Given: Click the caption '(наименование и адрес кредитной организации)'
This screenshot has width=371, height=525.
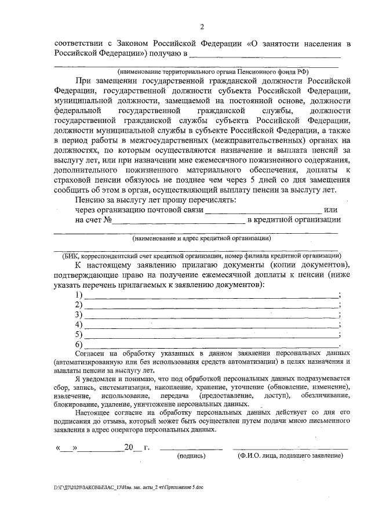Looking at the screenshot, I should [x=201, y=238].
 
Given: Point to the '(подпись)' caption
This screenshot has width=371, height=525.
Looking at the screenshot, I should [x=191, y=456].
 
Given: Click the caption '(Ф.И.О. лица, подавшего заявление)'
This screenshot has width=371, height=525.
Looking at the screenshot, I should [x=290, y=456].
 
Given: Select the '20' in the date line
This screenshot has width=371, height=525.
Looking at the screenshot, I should [x=129, y=447].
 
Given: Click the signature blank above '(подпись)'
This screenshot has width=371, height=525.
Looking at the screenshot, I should [x=191, y=447].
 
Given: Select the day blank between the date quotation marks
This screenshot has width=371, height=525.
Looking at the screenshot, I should [x=68, y=447].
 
